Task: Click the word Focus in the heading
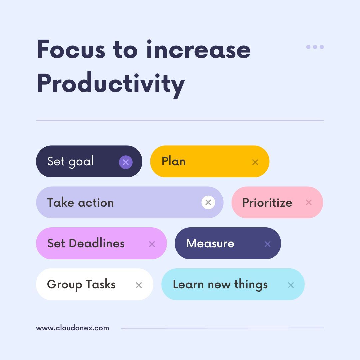tap(71, 49)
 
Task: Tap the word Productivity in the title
tap(110, 83)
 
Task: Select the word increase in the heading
tap(198, 49)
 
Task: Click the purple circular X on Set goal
tap(126, 162)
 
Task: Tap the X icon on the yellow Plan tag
tap(255, 162)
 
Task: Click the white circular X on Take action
tap(208, 202)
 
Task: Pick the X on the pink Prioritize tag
tap(309, 202)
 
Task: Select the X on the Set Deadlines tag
tap(152, 244)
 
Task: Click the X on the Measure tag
tap(267, 244)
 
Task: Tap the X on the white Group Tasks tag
tap(139, 285)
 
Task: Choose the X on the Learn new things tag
tap(291, 285)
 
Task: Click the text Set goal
tap(70, 162)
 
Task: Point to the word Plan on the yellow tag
tap(173, 162)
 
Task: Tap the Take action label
tap(80, 203)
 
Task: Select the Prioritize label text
tap(267, 203)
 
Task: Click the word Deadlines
tap(97, 243)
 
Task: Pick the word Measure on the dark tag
tap(210, 243)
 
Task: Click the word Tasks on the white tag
tap(100, 284)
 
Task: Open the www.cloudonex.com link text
tap(72, 328)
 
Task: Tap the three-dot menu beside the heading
tap(315, 47)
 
